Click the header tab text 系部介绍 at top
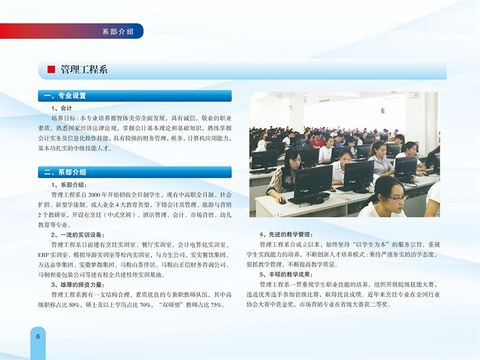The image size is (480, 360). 118,31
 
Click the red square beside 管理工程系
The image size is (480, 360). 51,69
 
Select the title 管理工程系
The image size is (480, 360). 84,69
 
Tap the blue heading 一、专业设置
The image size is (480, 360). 65,96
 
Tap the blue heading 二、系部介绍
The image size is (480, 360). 65,172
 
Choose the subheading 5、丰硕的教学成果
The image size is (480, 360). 286,275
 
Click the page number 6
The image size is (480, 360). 38,336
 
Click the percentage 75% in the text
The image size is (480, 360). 216,305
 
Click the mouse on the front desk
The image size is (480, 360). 282,202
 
